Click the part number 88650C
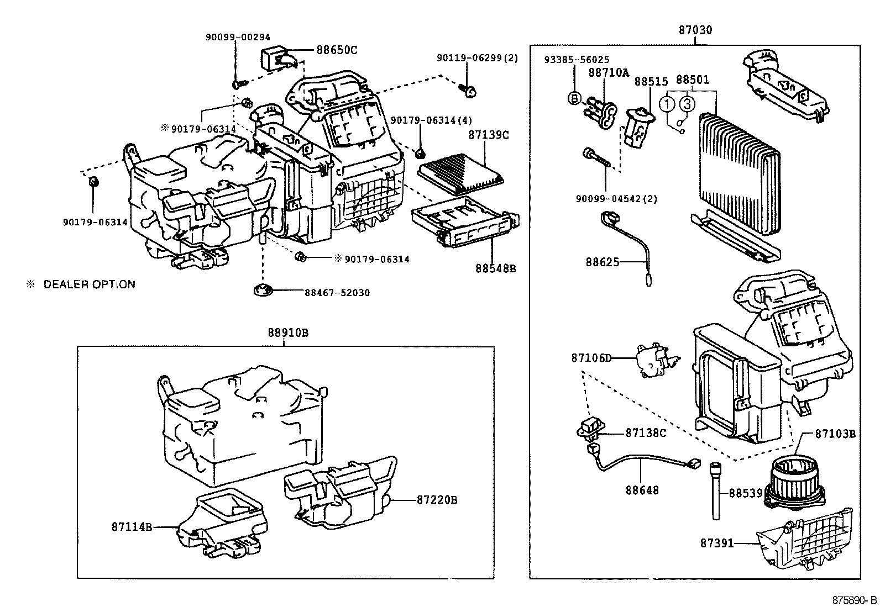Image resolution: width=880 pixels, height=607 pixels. (337, 50)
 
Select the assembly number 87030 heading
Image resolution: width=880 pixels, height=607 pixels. (695, 30)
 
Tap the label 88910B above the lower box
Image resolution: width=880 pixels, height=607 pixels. (288, 333)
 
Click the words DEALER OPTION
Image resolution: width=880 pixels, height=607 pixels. (89, 284)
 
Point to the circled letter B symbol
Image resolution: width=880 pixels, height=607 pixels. (574, 98)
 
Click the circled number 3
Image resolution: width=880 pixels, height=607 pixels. (687, 103)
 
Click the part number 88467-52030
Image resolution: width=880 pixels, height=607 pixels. (337, 293)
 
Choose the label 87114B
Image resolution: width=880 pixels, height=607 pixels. (132, 527)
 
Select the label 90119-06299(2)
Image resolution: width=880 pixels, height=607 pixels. (477, 58)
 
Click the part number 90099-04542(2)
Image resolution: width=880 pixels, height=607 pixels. (616, 199)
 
